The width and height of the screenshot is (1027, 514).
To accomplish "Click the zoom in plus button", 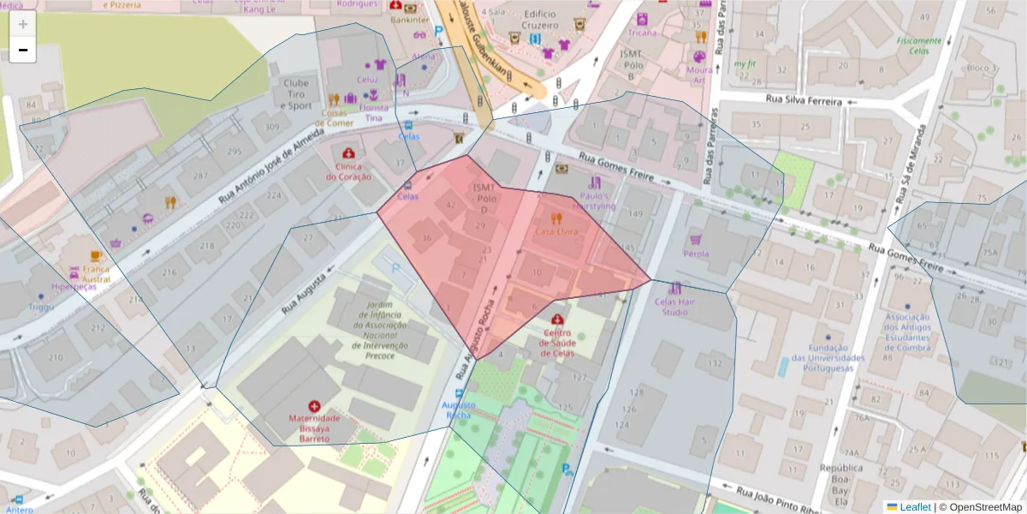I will pyautogui.click(x=23, y=24).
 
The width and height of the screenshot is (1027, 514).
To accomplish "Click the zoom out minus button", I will pyautogui.click(x=23, y=50).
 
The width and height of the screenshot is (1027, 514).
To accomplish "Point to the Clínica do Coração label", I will pyautogui.click(x=348, y=171).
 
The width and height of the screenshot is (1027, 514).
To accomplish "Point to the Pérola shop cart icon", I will pyautogui.click(x=696, y=241).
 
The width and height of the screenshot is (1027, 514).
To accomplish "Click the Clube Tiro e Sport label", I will pyautogui.click(x=296, y=94).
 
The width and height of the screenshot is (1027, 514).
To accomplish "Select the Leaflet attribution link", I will pyautogui.click(x=914, y=507).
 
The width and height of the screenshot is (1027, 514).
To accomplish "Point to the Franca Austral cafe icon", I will pyautogui.click(x=96, y=255).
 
